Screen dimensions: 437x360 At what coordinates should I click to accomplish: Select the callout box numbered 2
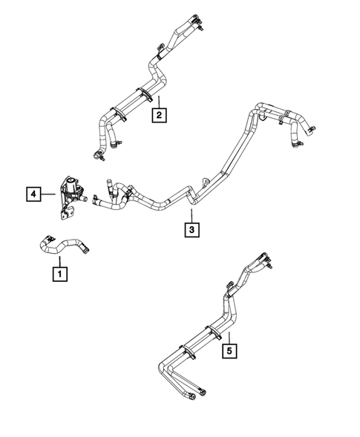(158, 114)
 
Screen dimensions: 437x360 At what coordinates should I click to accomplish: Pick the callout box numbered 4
(32, 194)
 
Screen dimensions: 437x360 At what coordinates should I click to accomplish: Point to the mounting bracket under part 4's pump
(66, 212)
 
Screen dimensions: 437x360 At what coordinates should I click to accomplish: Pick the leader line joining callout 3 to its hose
(192, 216)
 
